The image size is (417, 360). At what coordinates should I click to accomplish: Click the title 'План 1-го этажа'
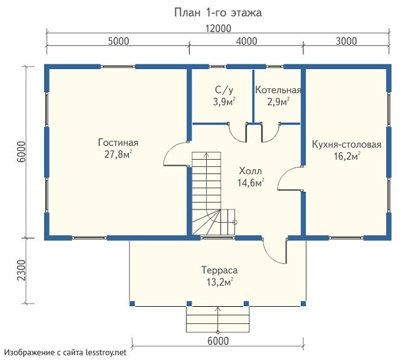(218, 12)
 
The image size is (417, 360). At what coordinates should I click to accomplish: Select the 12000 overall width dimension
(218, 28)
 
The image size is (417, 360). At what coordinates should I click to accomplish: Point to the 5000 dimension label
(119, 41)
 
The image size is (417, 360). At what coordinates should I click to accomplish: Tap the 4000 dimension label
(246, 41)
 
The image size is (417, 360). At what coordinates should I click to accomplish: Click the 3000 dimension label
(346, 41)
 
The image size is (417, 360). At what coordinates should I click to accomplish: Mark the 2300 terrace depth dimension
(22, 270)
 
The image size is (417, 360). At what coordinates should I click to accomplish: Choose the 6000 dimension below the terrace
(218, 341)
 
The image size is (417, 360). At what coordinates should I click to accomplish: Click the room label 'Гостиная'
(118, 143)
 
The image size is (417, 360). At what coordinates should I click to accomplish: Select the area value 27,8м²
(118, 154)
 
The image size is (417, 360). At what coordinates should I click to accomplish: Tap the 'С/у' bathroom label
(224, 90)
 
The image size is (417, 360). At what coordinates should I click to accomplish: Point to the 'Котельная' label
(278, 90)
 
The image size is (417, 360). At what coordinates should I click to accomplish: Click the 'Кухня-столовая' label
(347, 145)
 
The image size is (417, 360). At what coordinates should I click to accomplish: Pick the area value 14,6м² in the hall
(251, 183)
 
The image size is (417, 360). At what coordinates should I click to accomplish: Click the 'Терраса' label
(219, 270)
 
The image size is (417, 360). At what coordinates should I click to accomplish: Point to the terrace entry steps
(218, 319)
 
